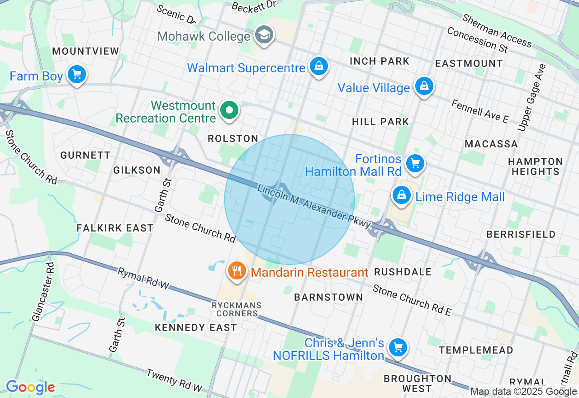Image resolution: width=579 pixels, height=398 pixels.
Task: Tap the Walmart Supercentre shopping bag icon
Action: (319, 67)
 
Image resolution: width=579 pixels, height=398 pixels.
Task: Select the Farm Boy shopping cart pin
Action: (76, 75)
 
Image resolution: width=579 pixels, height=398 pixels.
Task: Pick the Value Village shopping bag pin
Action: (424, 86)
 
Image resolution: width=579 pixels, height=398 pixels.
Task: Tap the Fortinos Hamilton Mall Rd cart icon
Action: (414, 164)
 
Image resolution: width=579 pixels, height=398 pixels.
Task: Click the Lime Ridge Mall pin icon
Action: (401, 196)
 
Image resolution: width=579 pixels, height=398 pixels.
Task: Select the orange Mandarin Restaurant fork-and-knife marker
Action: (236, 271)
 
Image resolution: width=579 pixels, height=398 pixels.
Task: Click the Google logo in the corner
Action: (30, 388)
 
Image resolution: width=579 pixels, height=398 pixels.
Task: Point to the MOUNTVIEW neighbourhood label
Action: (85, 51)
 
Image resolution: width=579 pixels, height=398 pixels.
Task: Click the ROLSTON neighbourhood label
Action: (233, 139)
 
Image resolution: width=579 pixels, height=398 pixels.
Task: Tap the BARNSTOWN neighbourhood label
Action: (328, 297)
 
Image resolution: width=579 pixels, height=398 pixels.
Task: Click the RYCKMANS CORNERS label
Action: (235, 309)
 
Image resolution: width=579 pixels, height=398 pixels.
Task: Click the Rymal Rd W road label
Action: (143, 279)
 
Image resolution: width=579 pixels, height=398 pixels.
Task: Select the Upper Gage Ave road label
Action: (532, 98)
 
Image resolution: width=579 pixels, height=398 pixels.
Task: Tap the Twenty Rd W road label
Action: (174, 380)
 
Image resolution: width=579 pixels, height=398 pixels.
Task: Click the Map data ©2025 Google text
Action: (523, 392)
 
